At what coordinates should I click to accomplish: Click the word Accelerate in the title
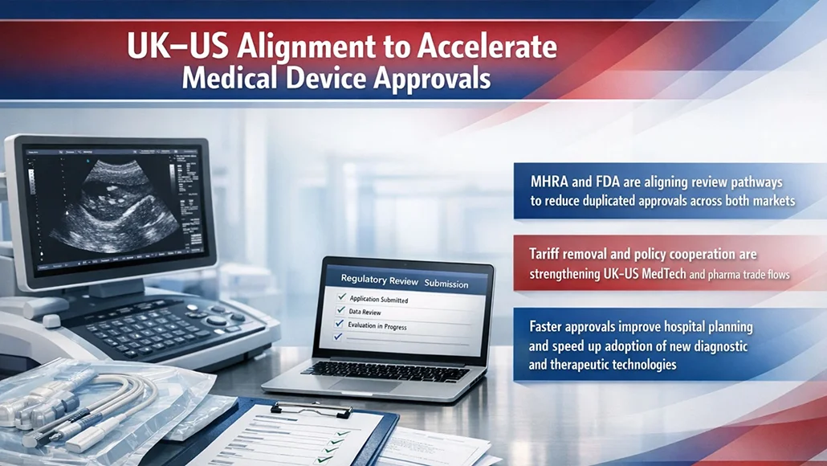487,47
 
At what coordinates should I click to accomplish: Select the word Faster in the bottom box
550,327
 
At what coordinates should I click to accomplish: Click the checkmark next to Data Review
341,311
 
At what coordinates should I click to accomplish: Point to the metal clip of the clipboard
299,408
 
